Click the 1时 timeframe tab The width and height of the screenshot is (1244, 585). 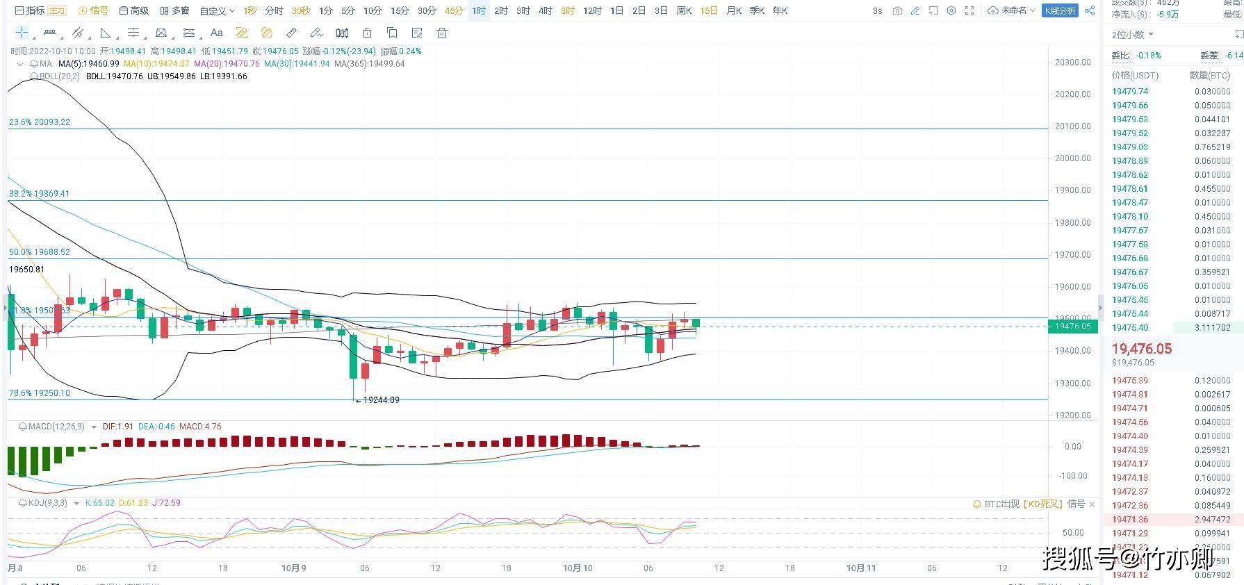pos(478,10)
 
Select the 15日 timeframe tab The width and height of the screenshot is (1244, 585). pos(708,10)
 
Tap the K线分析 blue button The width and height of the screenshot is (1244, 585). pos(1060,10)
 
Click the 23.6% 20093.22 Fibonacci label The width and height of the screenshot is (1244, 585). pos(40,122)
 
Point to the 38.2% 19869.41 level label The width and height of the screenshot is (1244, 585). pos(40,194)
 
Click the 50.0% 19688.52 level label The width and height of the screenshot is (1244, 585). pos(40,252)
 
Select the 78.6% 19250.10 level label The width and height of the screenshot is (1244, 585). pos(40,393)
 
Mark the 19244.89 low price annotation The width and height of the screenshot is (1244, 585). pos(381,400)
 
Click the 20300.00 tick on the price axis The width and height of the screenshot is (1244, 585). pos(1072,63)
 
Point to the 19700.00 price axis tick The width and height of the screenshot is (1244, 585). pos(1072,255)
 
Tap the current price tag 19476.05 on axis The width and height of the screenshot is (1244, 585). pos(1072,327)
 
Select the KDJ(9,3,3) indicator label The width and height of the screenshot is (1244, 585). pos(47,503)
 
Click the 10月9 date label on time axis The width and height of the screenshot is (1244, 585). pos(293,568)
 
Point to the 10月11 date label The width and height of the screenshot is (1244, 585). pos(860,568)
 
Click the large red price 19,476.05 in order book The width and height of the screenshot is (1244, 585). pos(1141,349)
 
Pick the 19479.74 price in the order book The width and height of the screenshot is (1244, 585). pos(1129,92)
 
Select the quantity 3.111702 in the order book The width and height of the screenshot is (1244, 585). pos(1212,328)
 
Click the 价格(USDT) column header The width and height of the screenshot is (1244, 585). pos(1135,75)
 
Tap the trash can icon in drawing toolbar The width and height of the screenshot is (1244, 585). pos(441,33)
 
